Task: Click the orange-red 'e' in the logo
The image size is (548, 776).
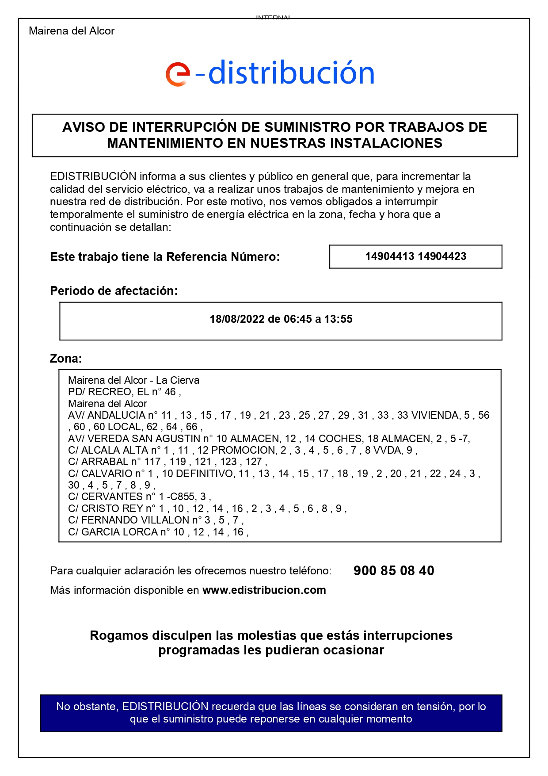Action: tap(178, 74)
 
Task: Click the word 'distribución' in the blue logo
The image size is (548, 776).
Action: tap(291, 73)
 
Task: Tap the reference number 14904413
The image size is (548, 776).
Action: tap(389, 256)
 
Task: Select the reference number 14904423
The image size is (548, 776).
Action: tap(442, 256)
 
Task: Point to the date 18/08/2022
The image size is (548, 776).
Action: tap(237, 319)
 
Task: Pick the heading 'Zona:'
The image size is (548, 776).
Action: tap(66, 358)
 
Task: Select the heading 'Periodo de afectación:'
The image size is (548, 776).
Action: tap(114, 291)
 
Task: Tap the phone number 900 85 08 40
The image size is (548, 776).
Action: tap(394, 571)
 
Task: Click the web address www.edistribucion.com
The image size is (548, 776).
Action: tap(264, 590)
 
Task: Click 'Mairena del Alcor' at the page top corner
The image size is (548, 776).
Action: tap(72, 31)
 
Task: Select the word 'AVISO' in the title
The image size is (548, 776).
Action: tap(83, 127)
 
